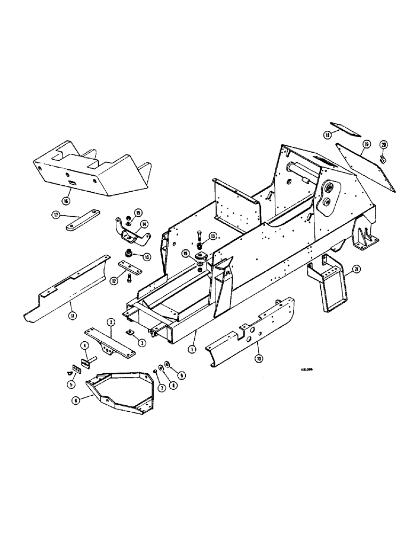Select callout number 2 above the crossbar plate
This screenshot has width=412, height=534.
(110, 322)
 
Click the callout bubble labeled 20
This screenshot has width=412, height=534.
(383, 145)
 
